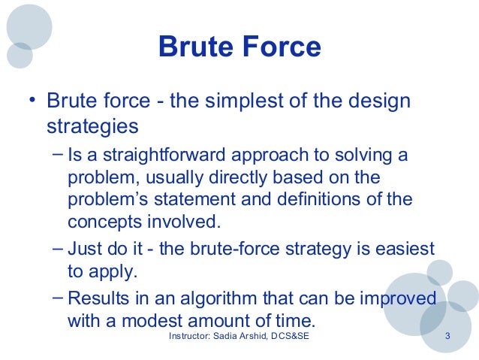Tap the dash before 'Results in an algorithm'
point(59,297)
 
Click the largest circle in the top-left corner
point(29,26)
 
